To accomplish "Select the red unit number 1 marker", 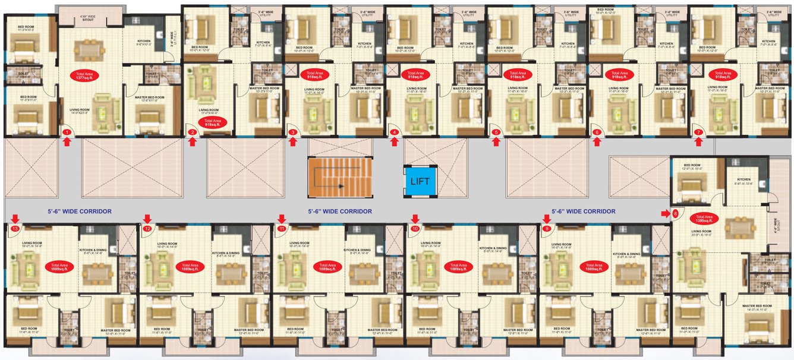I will pyautogui.click(x=67, y=132).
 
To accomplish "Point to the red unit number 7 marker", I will pyautogui.click(x=698, y=132).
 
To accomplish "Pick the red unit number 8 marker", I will pyautogui.click(x=675, y=213).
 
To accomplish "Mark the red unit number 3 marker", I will pyautogui.click(x=292, y=132).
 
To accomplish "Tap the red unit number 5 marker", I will pyautogui.click(x=496, y=132).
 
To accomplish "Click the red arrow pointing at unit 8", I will pyautogui.click(x=665, y=213).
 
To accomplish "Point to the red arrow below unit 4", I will pyautogui.click(x=394, y=141).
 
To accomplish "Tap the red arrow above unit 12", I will pyautogui.click(x=147, y=219).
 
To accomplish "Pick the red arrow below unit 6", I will pyautogui.click(x=597, y=141).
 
